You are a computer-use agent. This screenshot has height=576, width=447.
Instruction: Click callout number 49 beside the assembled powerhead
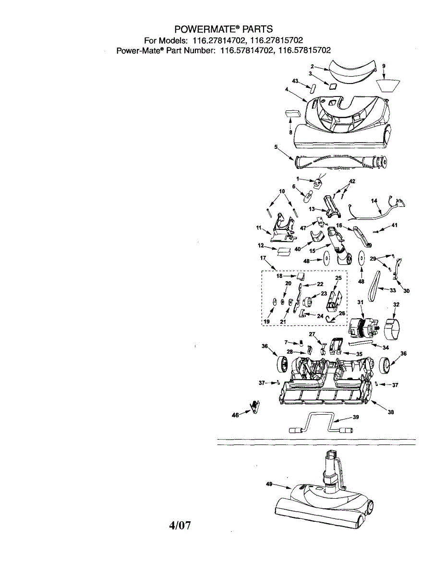pos(269,484)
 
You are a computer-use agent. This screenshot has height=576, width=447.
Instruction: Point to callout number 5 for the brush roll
pos(276,146)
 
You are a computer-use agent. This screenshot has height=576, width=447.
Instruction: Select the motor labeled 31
pos(364,328)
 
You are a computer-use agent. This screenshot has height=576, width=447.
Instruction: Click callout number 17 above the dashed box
pos(263,258)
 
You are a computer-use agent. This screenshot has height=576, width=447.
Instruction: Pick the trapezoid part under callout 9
pos(388,85)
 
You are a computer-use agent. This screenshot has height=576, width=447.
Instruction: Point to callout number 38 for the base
pos(391,412)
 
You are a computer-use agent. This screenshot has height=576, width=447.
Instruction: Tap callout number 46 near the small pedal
pos(235,415)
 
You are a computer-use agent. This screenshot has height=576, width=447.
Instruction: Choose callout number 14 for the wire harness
pos(374,201)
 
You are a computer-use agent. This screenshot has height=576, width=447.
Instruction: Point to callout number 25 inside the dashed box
pos(338,278)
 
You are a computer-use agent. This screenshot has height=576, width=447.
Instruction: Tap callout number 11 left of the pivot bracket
pos(259,228)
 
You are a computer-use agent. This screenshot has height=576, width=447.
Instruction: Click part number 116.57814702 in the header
pos(246,50)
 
